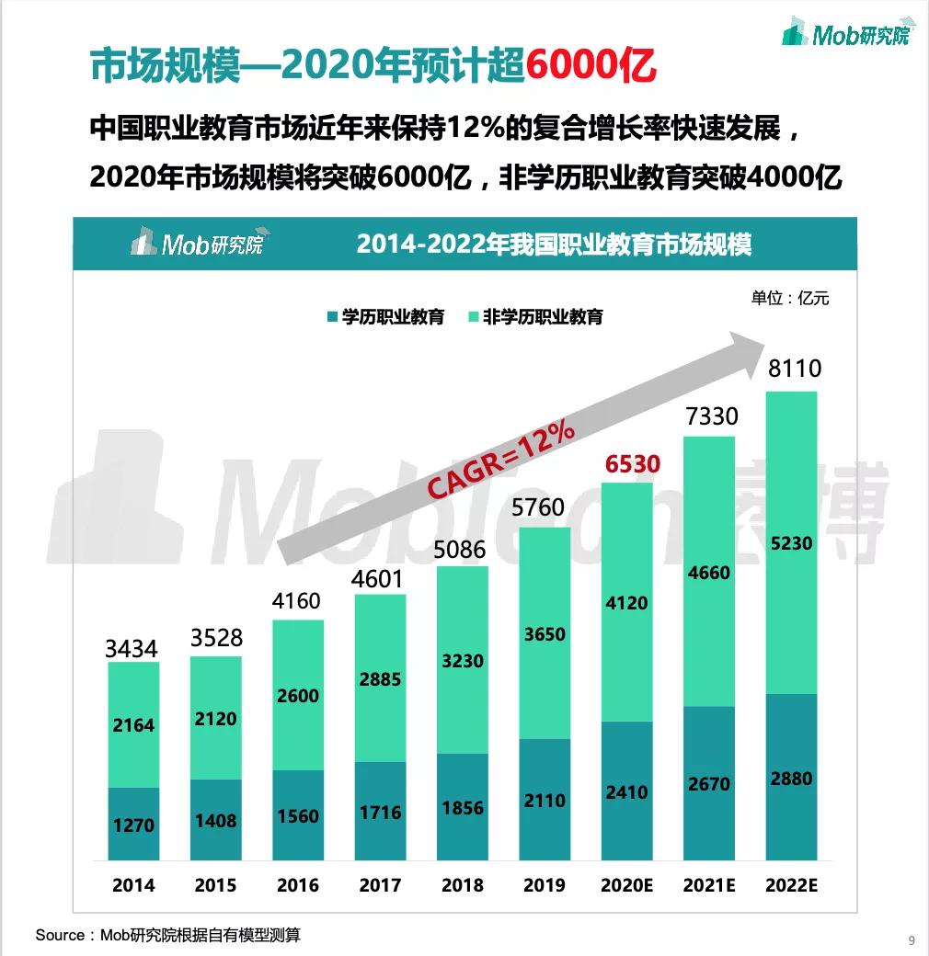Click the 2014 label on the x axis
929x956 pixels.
[x=133, y=886]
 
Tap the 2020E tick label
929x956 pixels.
[x=626, y=886]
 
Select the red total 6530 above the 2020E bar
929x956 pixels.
[x=632, y=464]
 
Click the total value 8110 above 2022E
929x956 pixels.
[x=793, y=370]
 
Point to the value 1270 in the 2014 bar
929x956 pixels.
[x=133, y=825]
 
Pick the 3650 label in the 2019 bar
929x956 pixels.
[x=545, y=634]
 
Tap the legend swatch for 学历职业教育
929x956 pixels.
[x=331, y=317]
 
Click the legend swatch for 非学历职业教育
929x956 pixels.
[x=473, y=317]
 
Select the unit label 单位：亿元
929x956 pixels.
[x=789, y=298]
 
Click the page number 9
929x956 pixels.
[x=911, y=939]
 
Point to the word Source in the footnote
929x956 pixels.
[x=60, y=936]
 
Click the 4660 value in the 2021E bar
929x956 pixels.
[x=708, y=574]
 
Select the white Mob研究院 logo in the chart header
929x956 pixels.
[x=196, y=243]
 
